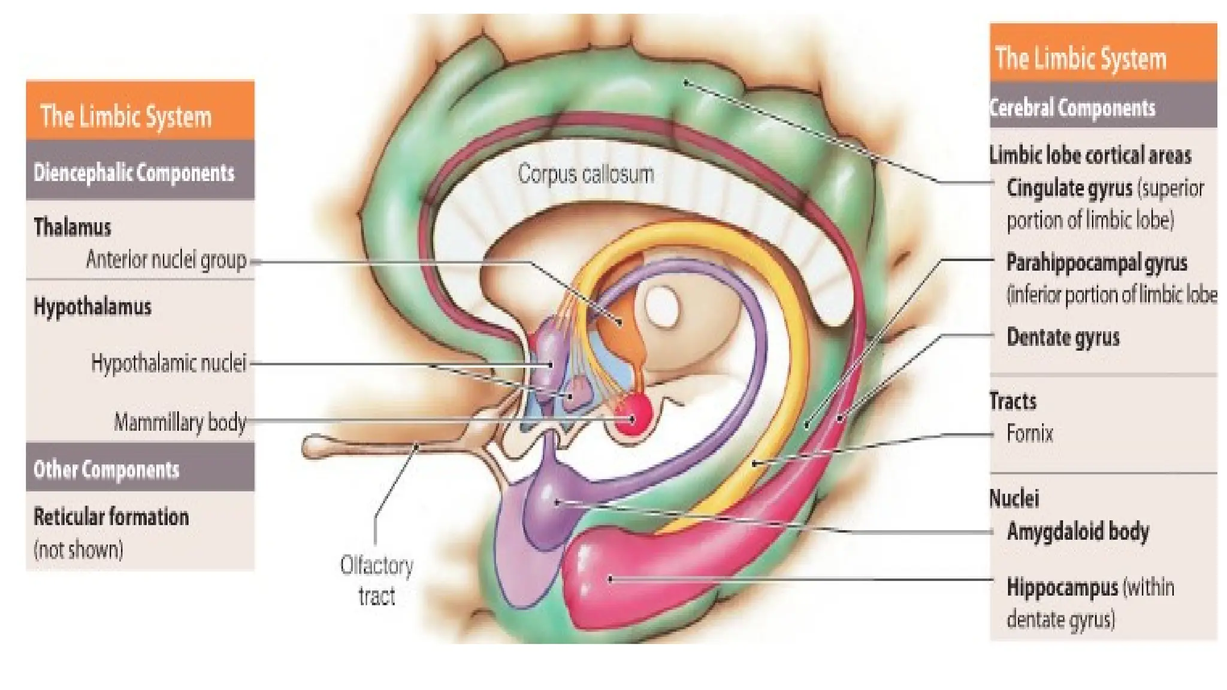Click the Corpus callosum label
pos(585,174)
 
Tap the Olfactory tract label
pos(376,580)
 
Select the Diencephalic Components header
pos(134,172)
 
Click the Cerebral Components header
pos(1072,108)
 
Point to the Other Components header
pos(106,470)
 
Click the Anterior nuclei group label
pos(166,260)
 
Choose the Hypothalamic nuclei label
pos(168,363)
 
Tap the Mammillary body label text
pos(180,422)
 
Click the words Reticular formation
pos(111,517)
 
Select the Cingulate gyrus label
pos(1069,188)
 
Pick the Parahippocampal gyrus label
pos(1096,262)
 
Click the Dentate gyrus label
pos(1063,337)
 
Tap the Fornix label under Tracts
pos(1029,433)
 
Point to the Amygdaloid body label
pos(1078,531)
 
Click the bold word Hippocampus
pos(1062,588)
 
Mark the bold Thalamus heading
pos(72,228)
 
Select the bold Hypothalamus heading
pos(92,307)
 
